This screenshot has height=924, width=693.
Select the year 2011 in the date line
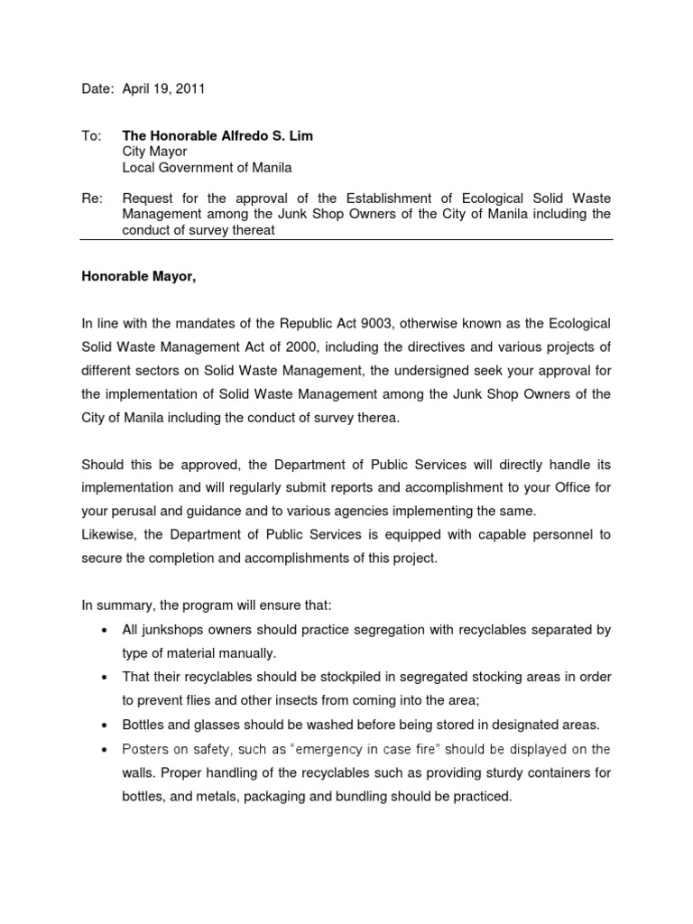(190, 88)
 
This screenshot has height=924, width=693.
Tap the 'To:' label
(91, 135)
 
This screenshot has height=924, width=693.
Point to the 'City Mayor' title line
(154, 152)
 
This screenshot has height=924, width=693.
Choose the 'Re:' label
(92, 198)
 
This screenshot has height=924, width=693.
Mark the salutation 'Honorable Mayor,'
(138, 277)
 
